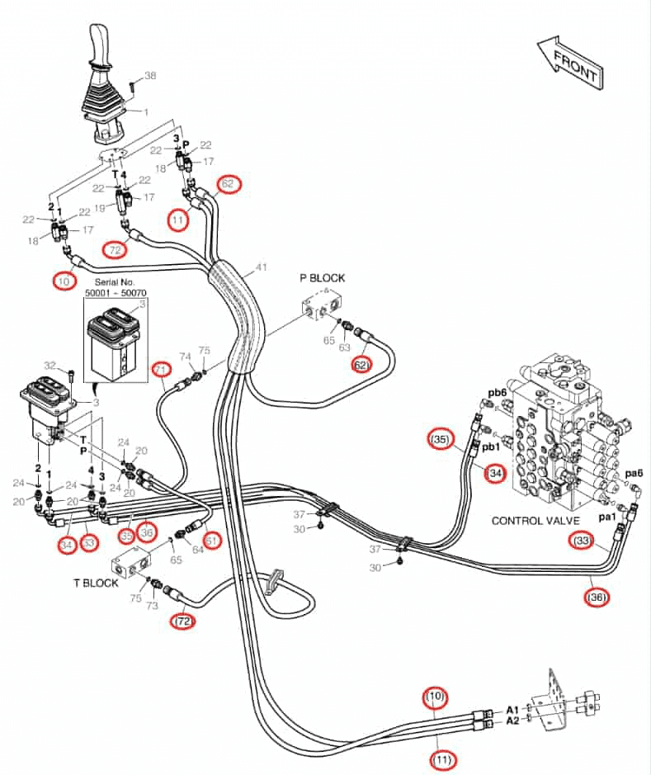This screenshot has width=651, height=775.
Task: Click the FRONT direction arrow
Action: click(570, 63)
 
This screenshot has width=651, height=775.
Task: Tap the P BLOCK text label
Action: click(322, 278)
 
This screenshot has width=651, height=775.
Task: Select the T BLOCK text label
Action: click(96, 584)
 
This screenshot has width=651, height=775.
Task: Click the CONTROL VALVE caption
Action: click(535, 521)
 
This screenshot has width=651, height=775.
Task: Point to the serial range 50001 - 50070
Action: click(116, 293)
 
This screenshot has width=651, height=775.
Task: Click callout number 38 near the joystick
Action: click(150, 76)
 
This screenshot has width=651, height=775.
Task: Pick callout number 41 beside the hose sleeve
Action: click(262, 267)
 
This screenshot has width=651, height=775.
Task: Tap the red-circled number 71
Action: click(162, 369)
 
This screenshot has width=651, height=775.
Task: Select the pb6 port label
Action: click(497, 394)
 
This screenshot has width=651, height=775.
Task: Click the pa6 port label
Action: click(634, 474)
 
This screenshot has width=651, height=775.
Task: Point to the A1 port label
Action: click(512, 711)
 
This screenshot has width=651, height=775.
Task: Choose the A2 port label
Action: click(512, 721)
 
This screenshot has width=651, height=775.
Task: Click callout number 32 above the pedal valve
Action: click(50, 366)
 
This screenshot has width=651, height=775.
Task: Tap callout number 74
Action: click(185, 357)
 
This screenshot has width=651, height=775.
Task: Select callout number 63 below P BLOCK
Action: click(344, 347)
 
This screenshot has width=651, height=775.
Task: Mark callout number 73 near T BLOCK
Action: click(152, 606)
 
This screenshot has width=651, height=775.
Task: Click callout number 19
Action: click(100, 208)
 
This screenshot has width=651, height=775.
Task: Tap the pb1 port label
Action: click(491, 447)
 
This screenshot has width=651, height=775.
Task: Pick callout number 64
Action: click(197, 549)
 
